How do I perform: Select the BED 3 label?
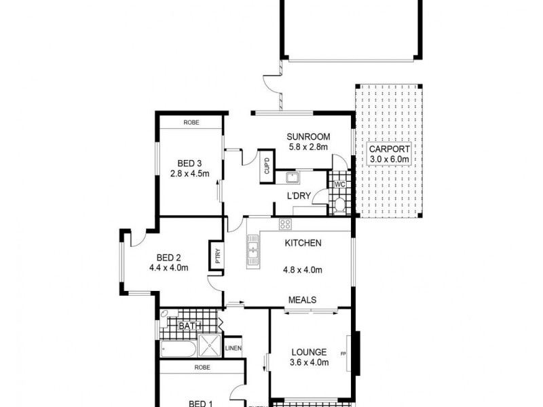pos(190,163)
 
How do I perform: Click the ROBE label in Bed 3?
pos(191,123)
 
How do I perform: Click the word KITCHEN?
pos(302,244)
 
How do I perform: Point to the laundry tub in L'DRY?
pos(294,179)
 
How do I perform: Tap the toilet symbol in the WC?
pos(339,206)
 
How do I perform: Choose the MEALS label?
pos(302,299)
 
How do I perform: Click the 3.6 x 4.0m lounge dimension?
pos(310,362)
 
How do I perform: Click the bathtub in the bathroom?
pos(179,350)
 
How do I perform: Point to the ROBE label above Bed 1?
pos(201,367)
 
